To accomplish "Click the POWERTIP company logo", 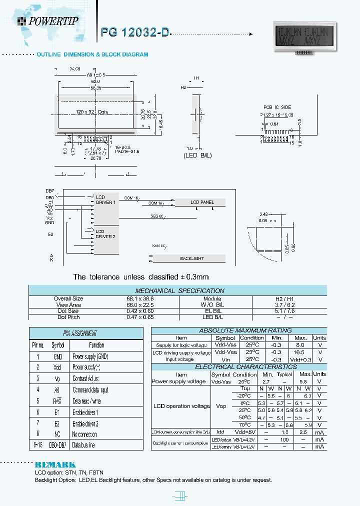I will tap(47, 20).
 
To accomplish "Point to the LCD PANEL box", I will tap(202, 202).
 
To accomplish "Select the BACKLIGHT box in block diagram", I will tap(191, 258).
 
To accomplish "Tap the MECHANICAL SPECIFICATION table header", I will tap(180, 290).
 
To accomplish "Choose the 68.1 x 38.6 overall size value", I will tap(68, 298).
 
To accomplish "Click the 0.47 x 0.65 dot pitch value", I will tap(68, 317).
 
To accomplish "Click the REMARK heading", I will tap(55, 464).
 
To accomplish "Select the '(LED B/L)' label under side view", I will tap(197, 155).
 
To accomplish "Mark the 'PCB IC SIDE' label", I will tap(277, 107).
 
